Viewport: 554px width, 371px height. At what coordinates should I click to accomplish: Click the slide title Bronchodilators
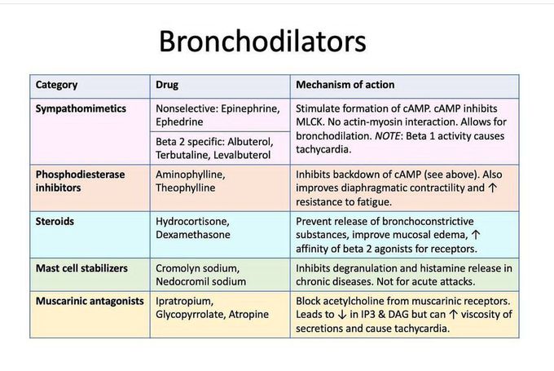[262, 42]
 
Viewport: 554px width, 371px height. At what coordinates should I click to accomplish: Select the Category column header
[57, 85]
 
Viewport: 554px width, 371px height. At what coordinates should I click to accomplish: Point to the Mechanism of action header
[345, 85]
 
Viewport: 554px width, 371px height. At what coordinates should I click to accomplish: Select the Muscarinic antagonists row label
[90, 301]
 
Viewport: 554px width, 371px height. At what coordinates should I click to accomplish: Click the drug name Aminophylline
[191, 174]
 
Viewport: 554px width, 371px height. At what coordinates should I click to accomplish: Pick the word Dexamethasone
[193, 234]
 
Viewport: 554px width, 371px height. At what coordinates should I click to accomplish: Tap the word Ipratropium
[186, 301]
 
